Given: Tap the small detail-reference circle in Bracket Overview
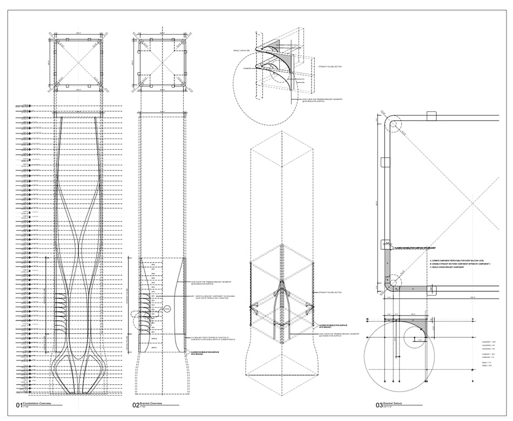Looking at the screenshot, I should pyautogui.click(x=167, y=308).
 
